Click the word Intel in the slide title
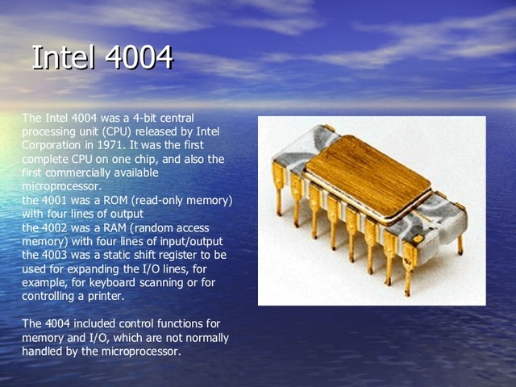click(x=60, y=58)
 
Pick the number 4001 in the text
click(x=53, y=200)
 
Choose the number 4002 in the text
click(x=53, y=227)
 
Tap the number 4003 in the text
click(x=53, y=255)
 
